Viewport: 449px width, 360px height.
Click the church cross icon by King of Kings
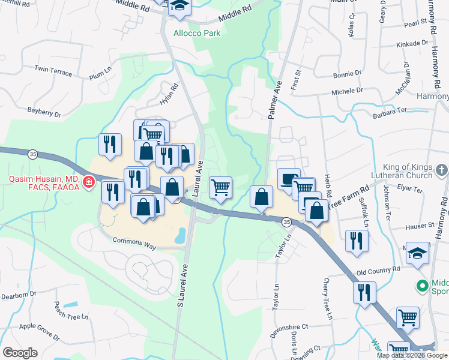pos(442,168)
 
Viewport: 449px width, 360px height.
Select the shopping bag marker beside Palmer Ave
pos(261,197)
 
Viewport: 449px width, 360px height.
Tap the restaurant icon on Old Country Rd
pos(364,293)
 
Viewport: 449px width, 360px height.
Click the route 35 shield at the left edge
pos(31,154)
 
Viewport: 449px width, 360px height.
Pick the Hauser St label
pos(420,226)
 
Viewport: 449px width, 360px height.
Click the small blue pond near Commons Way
pos(179,236)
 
